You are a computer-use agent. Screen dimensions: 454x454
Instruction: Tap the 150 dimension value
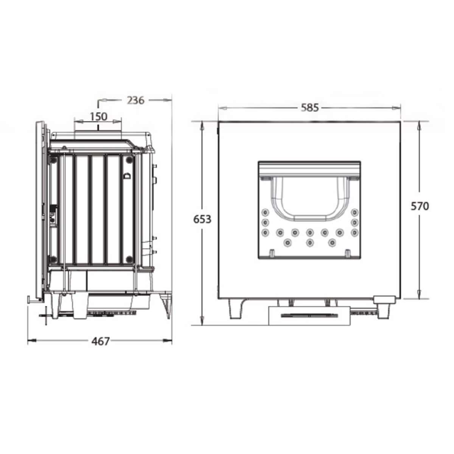[x=98, y=117]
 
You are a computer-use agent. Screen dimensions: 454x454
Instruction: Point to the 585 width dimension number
[x=310, y=108]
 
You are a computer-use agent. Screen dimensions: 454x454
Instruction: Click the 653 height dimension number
[x=202, y=219]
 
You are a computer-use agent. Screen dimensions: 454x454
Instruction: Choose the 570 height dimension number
[x=420, y=207]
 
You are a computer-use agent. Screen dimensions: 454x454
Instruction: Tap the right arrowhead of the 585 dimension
[x=396, y=108]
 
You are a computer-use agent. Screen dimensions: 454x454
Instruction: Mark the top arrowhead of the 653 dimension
[x=202, y=125]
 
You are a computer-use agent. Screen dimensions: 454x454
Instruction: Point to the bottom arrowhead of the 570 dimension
[x=419, y=294]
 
